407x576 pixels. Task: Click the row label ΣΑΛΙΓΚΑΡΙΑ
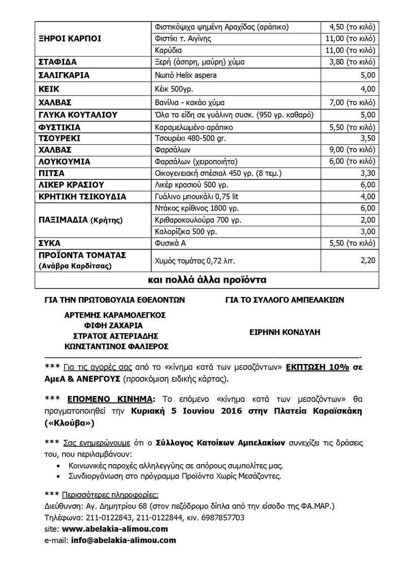(64, 75)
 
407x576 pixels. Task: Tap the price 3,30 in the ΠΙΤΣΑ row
(366, 173)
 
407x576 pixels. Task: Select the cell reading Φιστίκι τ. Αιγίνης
(182, 39)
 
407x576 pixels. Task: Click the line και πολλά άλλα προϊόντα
(207, 280)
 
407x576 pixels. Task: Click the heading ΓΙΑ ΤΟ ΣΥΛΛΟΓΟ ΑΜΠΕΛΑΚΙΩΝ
(285, 300)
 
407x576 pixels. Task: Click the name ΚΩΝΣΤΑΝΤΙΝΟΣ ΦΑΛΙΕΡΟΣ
(116, 346)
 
